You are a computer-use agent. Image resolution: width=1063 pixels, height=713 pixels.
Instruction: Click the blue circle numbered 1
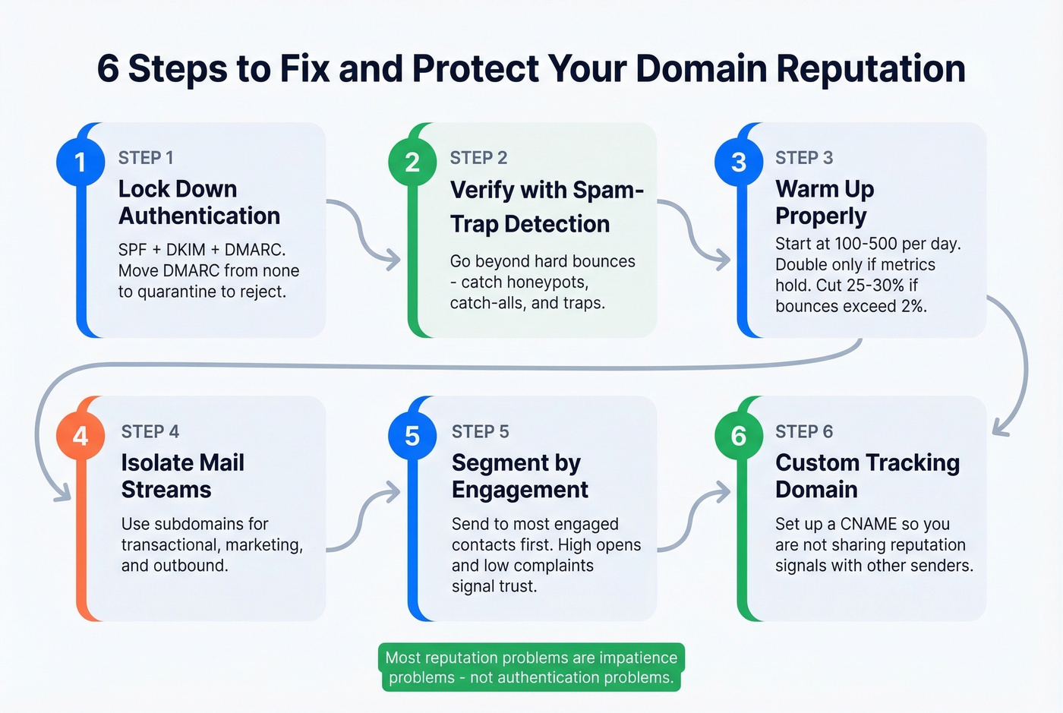pos(80,162)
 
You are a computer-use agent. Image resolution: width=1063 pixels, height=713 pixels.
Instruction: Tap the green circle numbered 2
pos(412,162)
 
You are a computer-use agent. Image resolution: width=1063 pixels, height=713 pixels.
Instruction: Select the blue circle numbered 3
pos(739,162)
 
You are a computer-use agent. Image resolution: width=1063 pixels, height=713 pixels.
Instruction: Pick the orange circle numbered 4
pos(80,436)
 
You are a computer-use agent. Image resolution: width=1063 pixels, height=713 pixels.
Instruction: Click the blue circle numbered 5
pos(412,436)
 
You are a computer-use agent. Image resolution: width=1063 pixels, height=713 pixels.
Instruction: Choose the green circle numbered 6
pos(739,436)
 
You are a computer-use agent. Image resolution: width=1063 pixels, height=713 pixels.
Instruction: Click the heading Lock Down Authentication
pos(199,203)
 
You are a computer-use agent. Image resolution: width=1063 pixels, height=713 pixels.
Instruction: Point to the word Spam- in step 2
pos(608,190)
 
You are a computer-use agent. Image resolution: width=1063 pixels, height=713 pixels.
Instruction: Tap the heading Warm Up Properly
pos(825,203)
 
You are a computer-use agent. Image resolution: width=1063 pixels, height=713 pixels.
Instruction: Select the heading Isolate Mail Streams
pos(182,476)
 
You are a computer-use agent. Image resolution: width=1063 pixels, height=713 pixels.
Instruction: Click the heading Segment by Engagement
pos(519,476)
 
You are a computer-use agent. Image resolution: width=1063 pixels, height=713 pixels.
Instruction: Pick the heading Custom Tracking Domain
pos(867,476)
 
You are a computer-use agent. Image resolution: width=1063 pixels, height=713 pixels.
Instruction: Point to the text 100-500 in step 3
pos(866,244)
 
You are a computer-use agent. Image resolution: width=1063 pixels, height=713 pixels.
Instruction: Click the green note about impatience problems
pos(531,667)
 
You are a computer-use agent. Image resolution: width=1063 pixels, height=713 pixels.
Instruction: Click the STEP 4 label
pos(150,431)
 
